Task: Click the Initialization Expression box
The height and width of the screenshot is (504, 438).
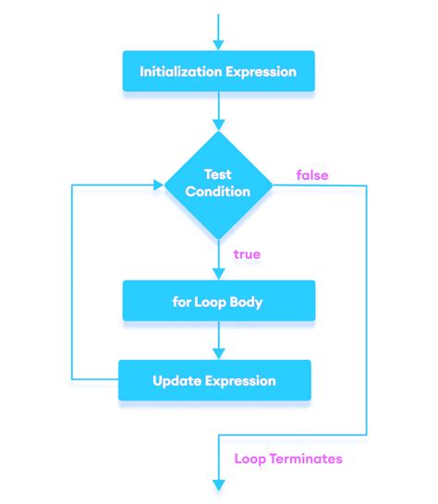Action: point(218,71)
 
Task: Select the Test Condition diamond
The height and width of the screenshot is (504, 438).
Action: point(218,184)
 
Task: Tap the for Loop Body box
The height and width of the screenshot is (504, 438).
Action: point(218,301)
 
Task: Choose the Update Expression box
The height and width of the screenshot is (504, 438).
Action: point(214,379)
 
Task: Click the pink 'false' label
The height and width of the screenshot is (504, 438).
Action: point(311,174)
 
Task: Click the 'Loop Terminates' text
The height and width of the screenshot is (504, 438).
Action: point(288,458)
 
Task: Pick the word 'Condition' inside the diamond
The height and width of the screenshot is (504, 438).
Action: point(218,192)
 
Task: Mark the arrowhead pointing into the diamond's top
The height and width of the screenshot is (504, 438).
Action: point(219,126)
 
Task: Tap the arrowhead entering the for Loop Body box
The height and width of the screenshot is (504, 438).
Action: point(219,274)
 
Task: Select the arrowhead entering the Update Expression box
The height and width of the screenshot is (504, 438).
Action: point(219,354)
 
